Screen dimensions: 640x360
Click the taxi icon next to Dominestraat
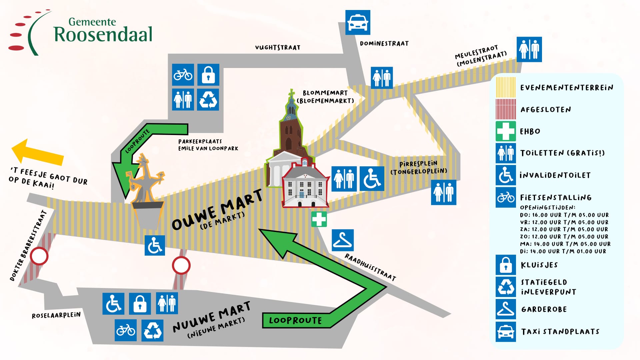click(358, 22)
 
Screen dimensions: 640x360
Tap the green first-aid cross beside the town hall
click(319, 219)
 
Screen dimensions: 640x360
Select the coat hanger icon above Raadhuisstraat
click(343, 240)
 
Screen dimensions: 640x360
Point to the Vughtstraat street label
click(278, 48)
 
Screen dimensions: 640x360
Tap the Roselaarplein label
click(56, 315)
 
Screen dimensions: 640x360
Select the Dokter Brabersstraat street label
click(28, 245)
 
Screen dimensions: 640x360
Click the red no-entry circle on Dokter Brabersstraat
click(39, 256)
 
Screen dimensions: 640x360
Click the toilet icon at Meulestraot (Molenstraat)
click(529, 49)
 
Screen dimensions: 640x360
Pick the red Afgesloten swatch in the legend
click(506, 109)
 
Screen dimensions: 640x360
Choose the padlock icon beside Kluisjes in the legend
click(506, 265)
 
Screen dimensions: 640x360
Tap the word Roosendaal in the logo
click(103, 34)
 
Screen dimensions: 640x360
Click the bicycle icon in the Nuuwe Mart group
click(126, 330)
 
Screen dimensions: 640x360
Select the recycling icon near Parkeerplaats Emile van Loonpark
click(208, 99)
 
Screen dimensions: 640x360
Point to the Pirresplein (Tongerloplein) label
click(419, 168)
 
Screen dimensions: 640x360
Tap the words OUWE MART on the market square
click(217, 209)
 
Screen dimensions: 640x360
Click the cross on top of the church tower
click(292, 93)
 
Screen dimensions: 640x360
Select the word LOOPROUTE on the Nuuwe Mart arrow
click(295, 320)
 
